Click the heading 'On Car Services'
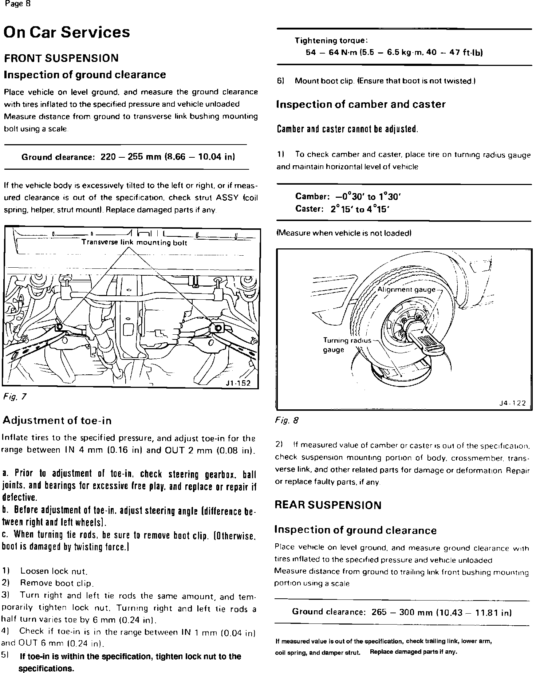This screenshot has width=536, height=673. (x=66, y=32)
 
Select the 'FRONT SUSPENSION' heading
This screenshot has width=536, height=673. (x=61, y=58)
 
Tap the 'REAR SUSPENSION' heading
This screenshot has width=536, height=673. (x=328, y=505)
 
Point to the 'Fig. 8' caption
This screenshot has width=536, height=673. (x=287, y=420)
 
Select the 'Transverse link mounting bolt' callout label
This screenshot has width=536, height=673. (x=134, y=243)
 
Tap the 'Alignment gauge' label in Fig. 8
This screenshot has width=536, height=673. (x=406, y=290)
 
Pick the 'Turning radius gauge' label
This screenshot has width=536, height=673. (x=346, y=345)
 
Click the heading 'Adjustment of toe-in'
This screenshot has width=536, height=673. (x=57, y=421)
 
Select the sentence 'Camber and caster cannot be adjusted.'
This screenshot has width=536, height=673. (x=347, y=129)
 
